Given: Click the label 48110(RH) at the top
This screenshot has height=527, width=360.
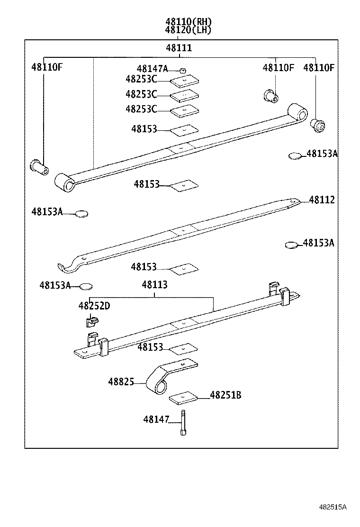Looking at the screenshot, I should pyautogui.click(x=188, y=21).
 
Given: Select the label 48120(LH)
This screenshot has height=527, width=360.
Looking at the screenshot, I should pyautogui.click(x=188, y=30).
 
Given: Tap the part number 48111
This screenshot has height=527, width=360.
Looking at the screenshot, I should pyautogui.click(x=179, y=48).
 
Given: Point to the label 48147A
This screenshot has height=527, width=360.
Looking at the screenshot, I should pyautogui.click(x=152, y=69).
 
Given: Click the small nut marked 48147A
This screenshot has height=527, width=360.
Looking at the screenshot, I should pyautogui.click(x=183, y=70).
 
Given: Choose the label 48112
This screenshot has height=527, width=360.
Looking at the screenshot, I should pyautogui.click(x=322, y=200).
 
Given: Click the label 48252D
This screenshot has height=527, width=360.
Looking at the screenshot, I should pyautogui.click(x=94, y=306).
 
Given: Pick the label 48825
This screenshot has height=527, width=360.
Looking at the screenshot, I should pyautogui.click(x=121, y=382).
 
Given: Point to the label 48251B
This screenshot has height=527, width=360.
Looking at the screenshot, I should pyautogui.click(x=225, y=395).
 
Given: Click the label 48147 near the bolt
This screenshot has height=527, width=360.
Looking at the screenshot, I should pyautogui.click(x=156, y=419).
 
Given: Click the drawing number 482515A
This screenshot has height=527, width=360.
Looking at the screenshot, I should pyautogui.click(x=332, y=507).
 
